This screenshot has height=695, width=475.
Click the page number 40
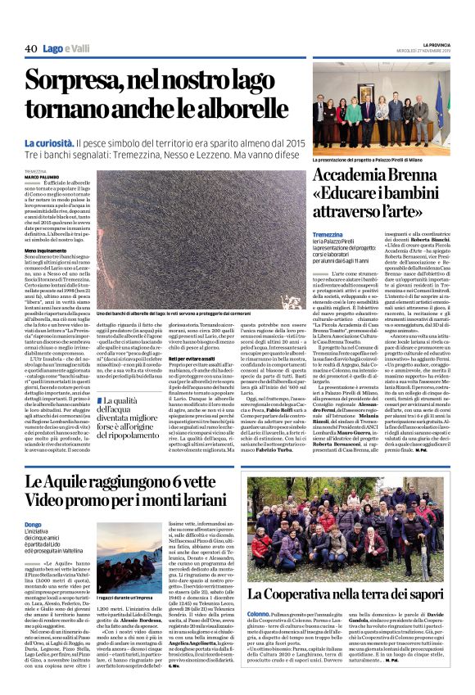click(x=31, y=49)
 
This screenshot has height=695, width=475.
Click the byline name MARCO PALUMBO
click(x=42, y=175)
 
